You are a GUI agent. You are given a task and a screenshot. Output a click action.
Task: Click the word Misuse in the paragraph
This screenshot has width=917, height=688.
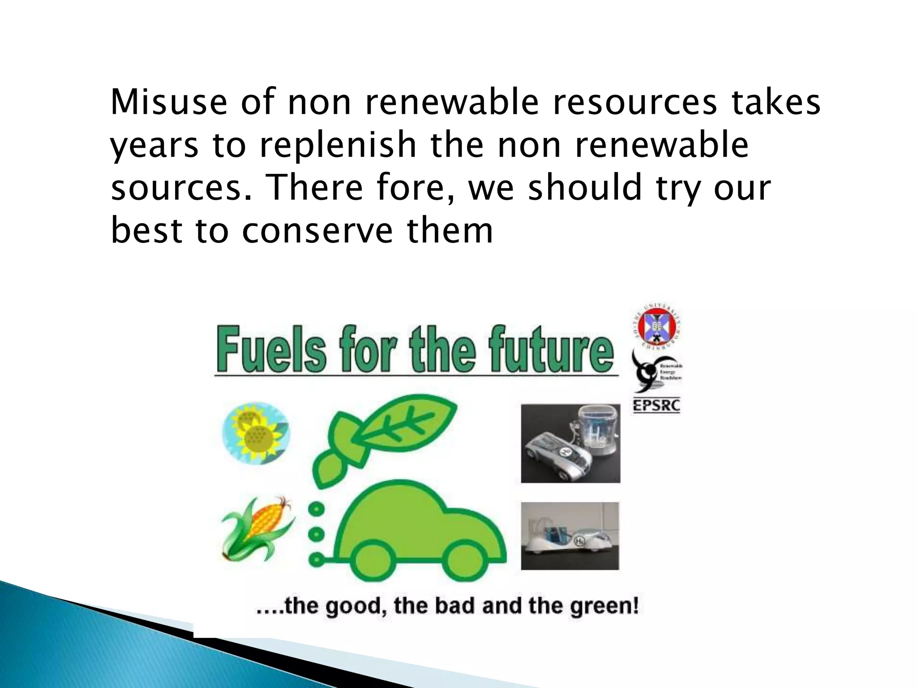coord(169,103)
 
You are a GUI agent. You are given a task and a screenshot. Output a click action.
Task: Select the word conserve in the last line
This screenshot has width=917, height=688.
coord(317,231)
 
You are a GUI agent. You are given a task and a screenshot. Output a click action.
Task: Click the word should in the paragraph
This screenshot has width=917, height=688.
coord(585,188)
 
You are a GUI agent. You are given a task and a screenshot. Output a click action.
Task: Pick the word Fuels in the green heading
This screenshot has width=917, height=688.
coord(271,350)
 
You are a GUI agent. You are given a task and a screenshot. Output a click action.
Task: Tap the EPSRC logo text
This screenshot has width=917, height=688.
coord(656,406)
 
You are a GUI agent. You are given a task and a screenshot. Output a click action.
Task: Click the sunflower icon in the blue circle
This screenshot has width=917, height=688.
coord(256,432)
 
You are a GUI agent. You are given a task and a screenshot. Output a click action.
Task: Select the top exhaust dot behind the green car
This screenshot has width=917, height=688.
coord(317,509)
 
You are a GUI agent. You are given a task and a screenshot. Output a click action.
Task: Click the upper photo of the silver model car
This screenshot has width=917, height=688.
coord(570,443)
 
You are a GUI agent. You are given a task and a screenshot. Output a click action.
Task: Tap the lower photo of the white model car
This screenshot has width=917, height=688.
coord(570,536)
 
